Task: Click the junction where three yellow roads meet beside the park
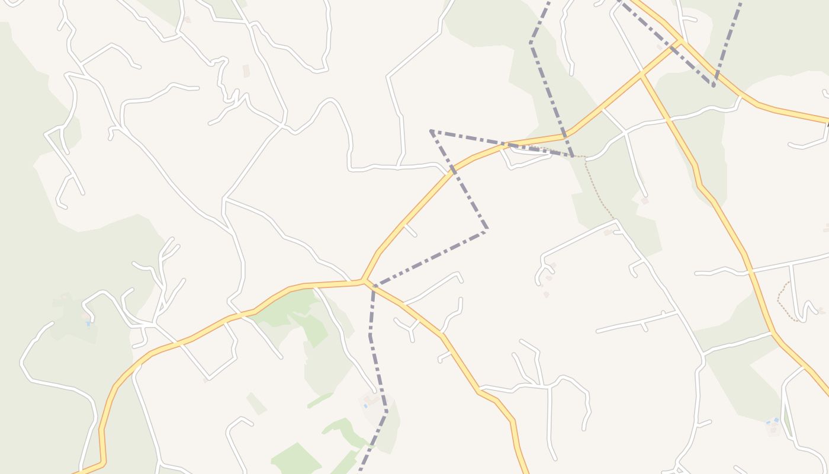(363, 281)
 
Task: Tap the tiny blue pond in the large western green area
(88, 324)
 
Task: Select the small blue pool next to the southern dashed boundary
(365, 406)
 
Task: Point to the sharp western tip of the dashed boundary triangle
(431, 130)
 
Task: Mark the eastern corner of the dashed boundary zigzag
(487, 230)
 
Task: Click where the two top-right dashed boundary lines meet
(714, 85)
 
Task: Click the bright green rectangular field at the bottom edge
(296, 459)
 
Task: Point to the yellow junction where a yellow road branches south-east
(642, 75)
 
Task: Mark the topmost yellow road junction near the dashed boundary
(681, 41)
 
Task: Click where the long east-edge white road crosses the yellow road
(750, 271)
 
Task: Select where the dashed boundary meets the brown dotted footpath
(573, 156)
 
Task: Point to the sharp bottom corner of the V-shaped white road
(208, 378)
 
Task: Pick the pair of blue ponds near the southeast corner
(772, 422)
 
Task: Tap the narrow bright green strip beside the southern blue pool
(320, 401)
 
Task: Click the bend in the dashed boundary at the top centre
(531, 43)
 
